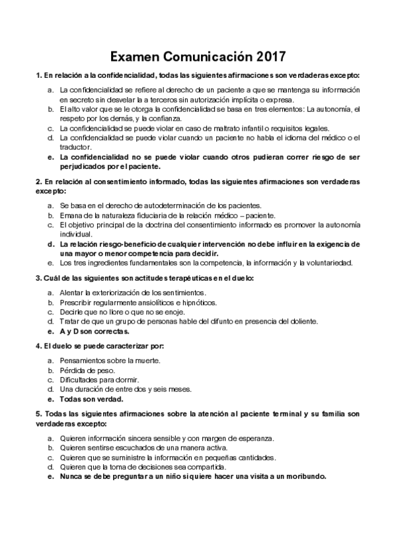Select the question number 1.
click(x=38, y=76)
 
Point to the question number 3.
click(x=38, y=277)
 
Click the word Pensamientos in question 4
click(x=82, y=361)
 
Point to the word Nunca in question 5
click(x=71, y=476)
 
